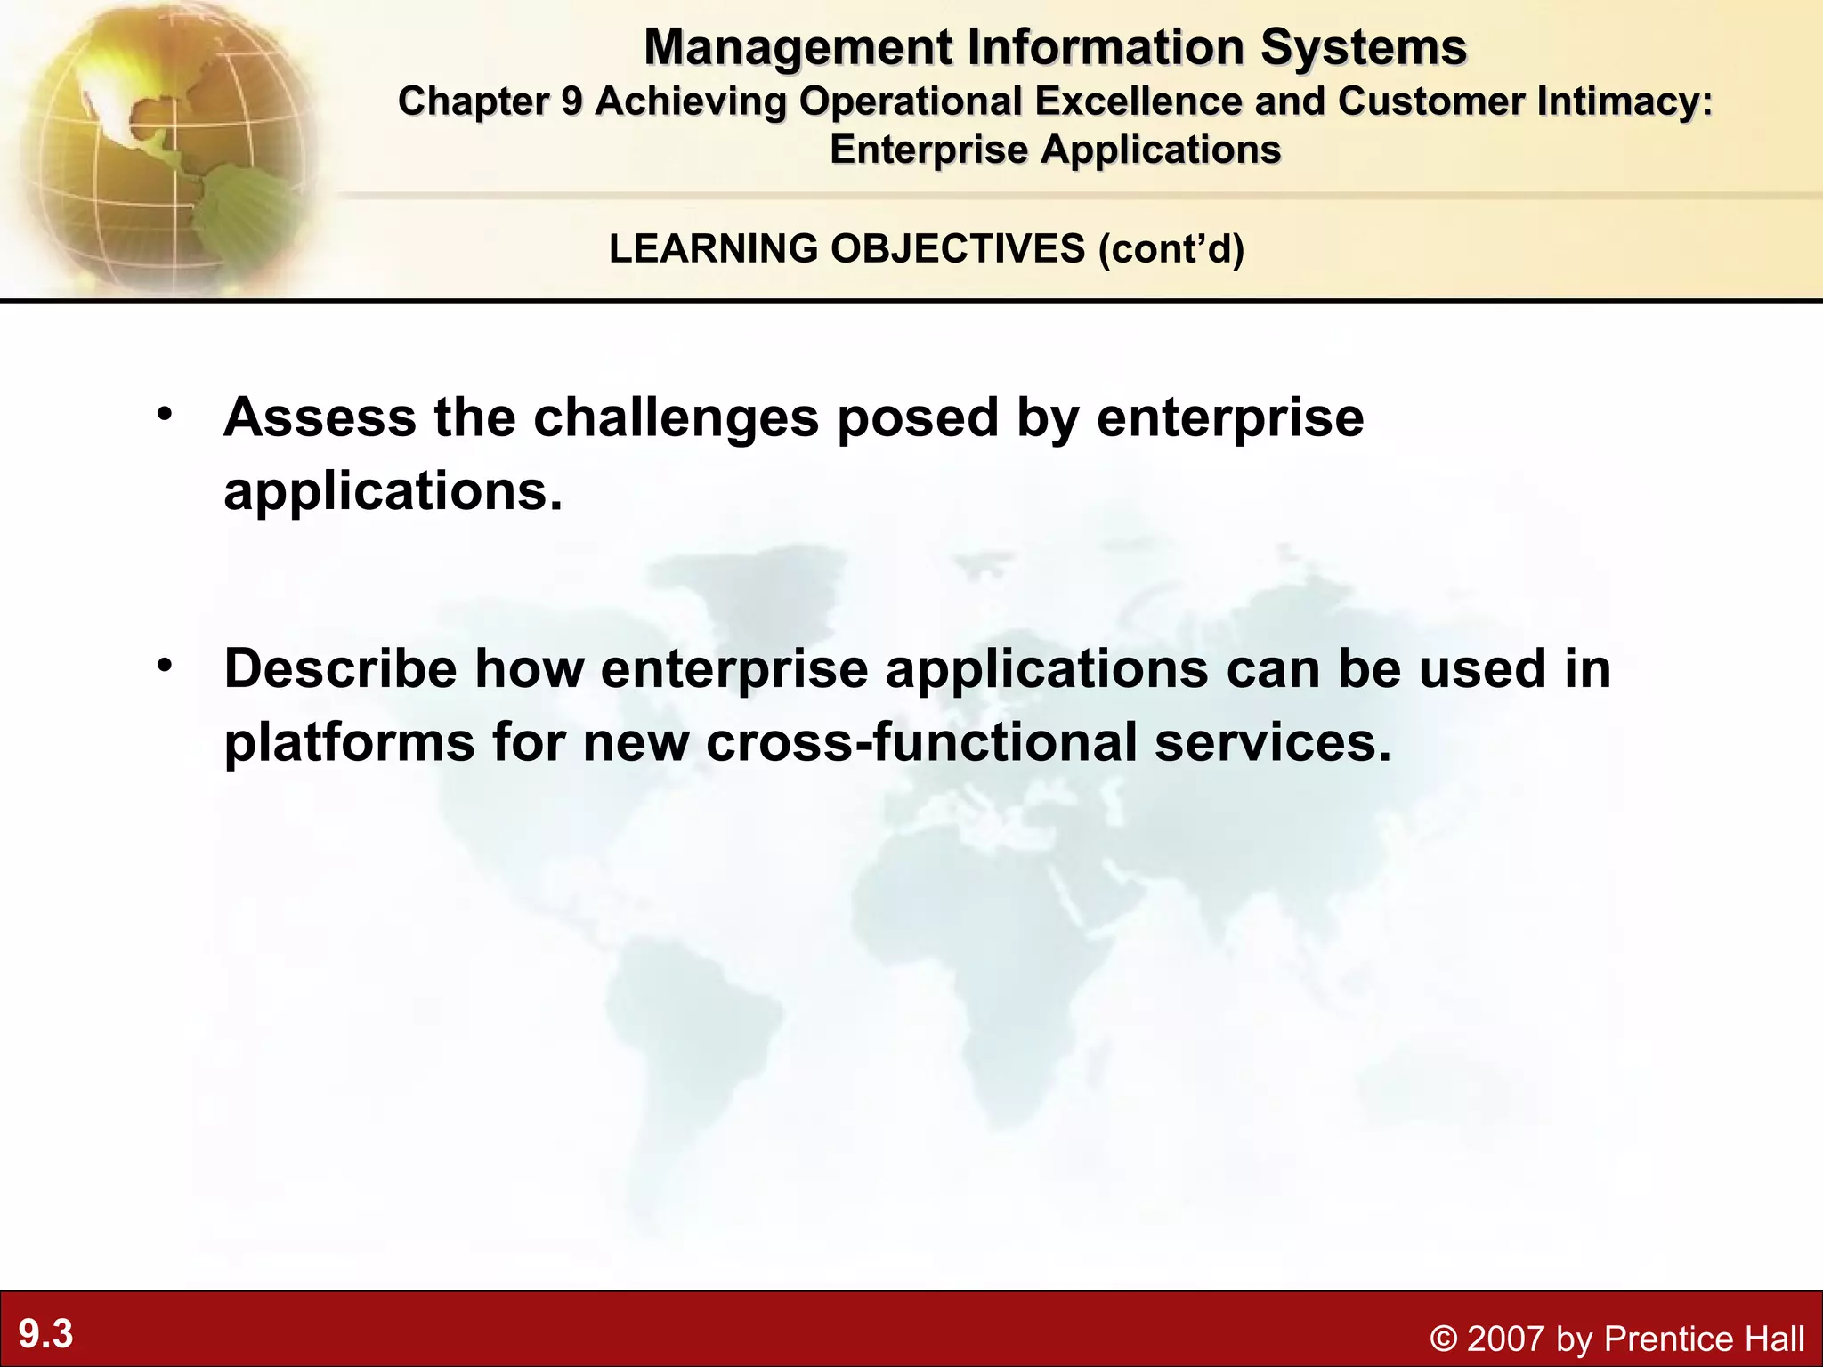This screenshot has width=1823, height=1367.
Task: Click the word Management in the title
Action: pos(798,48)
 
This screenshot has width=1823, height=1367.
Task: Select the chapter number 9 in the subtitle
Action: pos(571,101)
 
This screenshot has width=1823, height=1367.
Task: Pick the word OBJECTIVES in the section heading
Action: pos(958,248)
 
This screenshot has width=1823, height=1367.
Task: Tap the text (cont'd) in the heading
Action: pos(1171,248)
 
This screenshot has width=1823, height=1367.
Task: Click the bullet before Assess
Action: pos(164,415)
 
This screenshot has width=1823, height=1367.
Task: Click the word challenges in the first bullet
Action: pos(676,418)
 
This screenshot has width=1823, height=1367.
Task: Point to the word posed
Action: pos(918,418)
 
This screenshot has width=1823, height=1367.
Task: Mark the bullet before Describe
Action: pos(164,667)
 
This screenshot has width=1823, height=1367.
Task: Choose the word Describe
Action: pos(340,668)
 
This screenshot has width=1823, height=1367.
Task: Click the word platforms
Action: pos(349,743)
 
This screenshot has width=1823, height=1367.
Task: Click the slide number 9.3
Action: pos(46,1335)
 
